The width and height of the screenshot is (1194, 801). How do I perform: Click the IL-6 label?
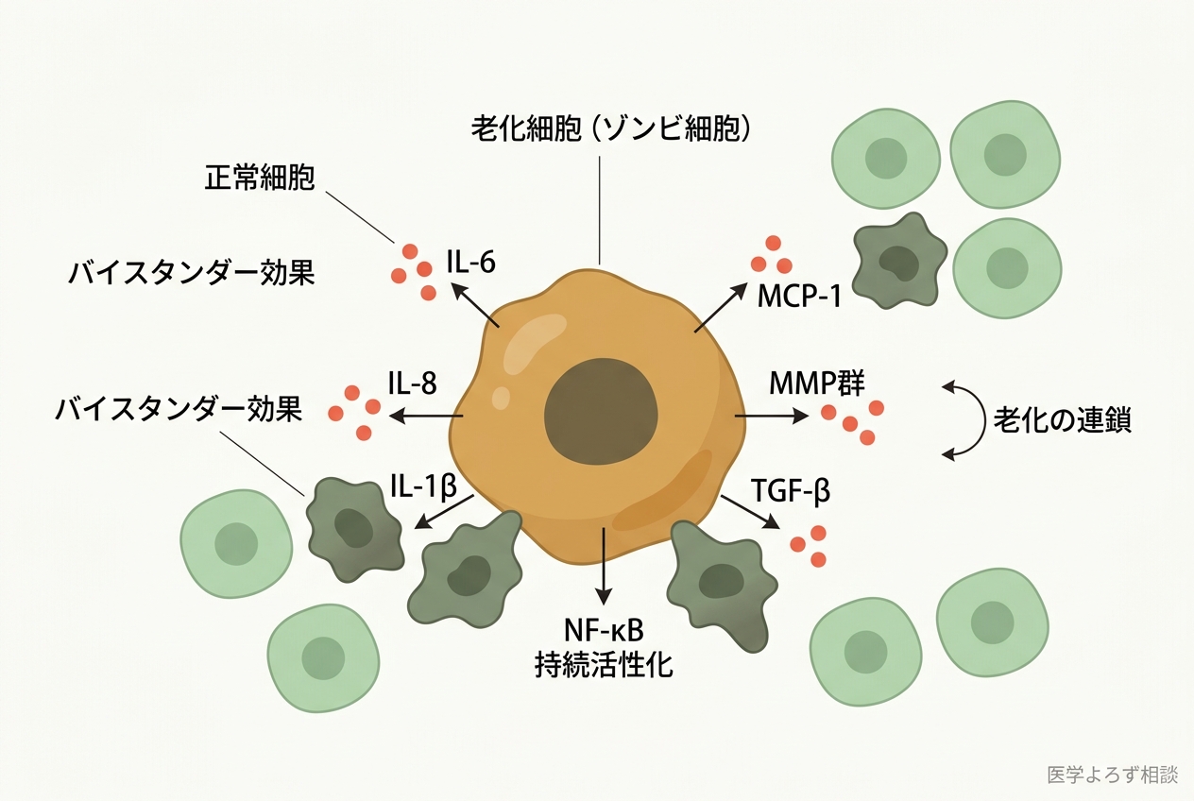coord(470,262)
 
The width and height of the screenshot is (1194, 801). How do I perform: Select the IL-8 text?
coord(412,382)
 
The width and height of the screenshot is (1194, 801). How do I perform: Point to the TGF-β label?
coord(791,491)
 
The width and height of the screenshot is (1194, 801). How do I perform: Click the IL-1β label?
coord(422,486)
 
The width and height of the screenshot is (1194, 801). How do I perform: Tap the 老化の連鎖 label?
coord(1062,419)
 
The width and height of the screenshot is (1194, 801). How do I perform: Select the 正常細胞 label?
coord(259,179)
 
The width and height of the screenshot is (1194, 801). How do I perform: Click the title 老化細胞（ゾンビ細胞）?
coord(611,128)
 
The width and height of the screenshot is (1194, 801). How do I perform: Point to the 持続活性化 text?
coord(604,664)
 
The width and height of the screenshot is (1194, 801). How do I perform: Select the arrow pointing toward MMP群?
coord(771,416)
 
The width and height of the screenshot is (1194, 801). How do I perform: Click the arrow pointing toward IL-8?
coord(426,416)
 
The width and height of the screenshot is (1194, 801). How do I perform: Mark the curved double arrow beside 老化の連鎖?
coord(961,419)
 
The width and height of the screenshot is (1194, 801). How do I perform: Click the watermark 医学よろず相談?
coord(1112,775)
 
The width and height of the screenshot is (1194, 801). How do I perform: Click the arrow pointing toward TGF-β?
coord(749,511)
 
